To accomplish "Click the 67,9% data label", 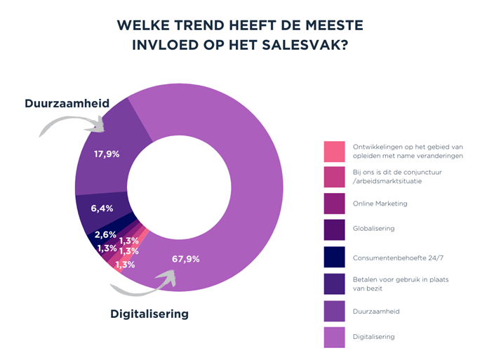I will click(186, 259).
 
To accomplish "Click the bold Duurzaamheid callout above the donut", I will click(67, 104).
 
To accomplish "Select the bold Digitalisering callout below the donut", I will click(149, 314).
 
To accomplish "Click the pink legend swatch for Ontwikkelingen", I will click(333, 151).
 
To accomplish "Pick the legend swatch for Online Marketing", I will click(333, 204).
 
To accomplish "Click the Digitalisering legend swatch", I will click(333, 336).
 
